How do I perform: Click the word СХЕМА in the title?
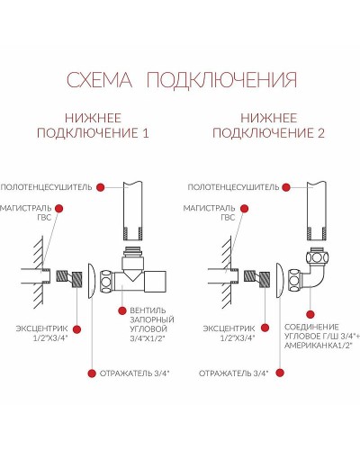coord(103,81)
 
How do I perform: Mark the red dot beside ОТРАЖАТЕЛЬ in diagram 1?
coord(90,371)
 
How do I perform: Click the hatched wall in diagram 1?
coord(35,265)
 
